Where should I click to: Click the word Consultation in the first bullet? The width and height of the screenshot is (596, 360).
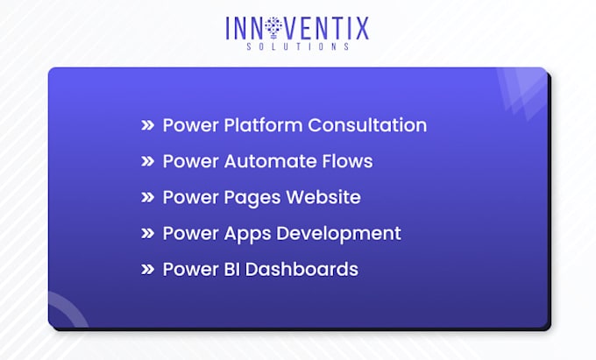click(367, 125)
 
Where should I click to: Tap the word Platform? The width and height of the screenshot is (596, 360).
click(262, 125)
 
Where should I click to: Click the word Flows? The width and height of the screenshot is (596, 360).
click(347, 161)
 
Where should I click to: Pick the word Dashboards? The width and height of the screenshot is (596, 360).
click(302, 269)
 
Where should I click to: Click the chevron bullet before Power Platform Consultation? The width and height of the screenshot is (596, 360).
click(147, 126)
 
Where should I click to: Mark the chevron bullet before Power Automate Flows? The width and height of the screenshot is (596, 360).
click(147, 162)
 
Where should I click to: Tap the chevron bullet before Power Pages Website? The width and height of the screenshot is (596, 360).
click(147, 198)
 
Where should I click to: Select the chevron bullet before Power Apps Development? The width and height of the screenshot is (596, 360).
click(147, 234)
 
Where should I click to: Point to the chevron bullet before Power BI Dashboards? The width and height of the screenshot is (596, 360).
click(147, 270)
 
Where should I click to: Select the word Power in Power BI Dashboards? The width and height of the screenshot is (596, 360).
click(188, 269)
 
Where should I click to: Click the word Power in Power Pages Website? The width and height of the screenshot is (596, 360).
click(188, 197)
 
